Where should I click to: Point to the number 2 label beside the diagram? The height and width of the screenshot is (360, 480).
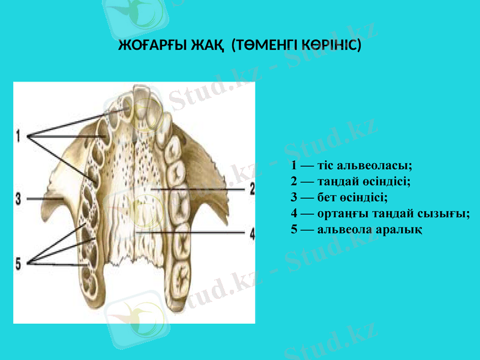pos(252,189)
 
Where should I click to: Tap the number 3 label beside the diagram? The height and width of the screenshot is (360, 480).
pos(19,197)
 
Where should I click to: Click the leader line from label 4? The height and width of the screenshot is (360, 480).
pos(192,232)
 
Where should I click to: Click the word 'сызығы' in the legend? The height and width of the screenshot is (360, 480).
pos(449,213)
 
